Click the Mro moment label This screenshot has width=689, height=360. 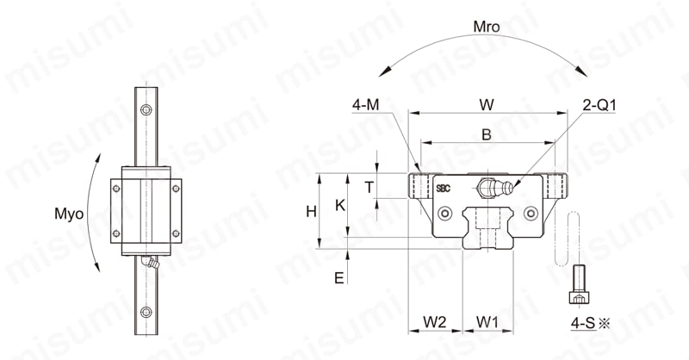click(x=487, y=27)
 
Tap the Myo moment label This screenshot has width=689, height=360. click(x=69, y=214)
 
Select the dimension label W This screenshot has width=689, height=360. click(x=487, y=104)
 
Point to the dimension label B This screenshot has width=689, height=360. click(x=487, y=134)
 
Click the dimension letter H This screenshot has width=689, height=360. click(x=311, y=212)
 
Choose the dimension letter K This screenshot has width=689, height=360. click(x=340, y=205)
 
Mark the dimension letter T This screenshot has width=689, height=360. click(x=369, y=188)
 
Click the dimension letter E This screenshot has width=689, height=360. click(x=338, y=278)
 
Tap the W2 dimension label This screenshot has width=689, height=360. click(x=435, y=322)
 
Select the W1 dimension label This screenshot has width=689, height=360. click(x=487, y=322)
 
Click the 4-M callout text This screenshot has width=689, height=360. click(x=365, y=105)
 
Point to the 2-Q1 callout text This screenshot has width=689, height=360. click(x=599, y=105)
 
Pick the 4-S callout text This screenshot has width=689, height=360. click(x=583, y=323)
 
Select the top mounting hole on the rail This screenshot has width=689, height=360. click(x=146, y=109)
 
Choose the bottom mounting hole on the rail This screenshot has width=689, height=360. click(x=146, y=312)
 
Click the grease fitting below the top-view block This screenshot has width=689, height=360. click(x=150, y=263)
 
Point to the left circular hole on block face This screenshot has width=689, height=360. click(x=446, y=214)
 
